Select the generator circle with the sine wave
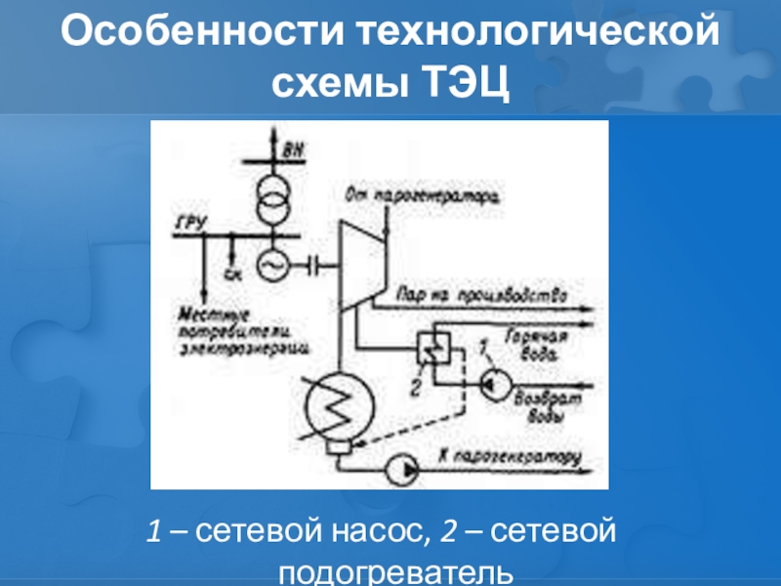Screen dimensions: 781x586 [272, 263]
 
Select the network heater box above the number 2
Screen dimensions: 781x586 [432, 348]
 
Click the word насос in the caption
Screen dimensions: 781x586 [375, 532]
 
